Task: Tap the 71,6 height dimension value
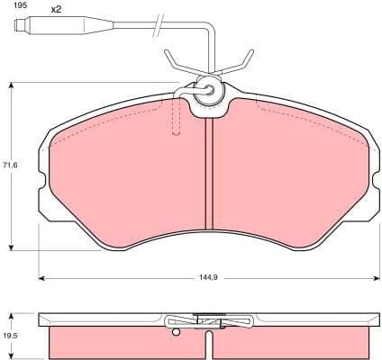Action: (x=10, y=166)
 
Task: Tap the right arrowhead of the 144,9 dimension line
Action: (x=372, y=278)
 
